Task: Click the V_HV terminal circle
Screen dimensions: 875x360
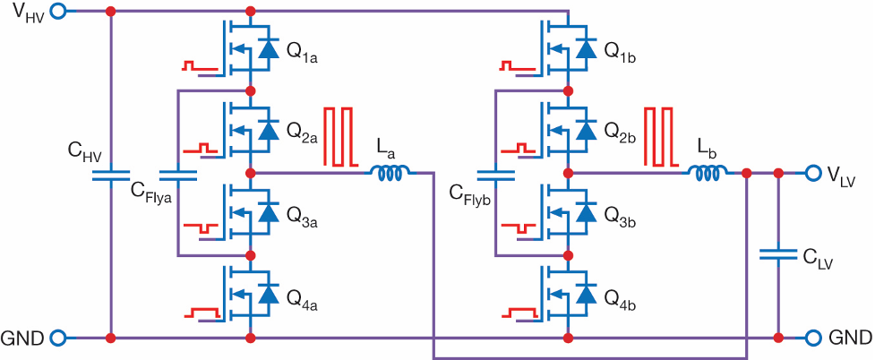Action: [x=58, y=11]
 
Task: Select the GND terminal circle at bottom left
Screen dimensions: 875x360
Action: [x=58, y=338]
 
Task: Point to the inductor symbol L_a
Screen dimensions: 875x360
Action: [x=389, y=174]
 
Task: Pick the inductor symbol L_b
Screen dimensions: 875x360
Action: [x=707, y=174]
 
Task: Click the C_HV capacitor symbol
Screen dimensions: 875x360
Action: [x=111, y=175]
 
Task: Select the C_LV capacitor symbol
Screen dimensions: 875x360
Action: [x=778, y=254]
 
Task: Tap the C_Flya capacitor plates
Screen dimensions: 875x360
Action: [x=178, y=175]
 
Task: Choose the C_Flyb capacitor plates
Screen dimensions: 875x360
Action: [x=495, y=175]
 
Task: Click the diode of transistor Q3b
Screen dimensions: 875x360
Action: [x=586, y=212]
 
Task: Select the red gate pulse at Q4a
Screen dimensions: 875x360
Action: [x=203, y=313]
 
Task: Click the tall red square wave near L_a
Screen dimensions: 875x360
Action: [x=339, y=137]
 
